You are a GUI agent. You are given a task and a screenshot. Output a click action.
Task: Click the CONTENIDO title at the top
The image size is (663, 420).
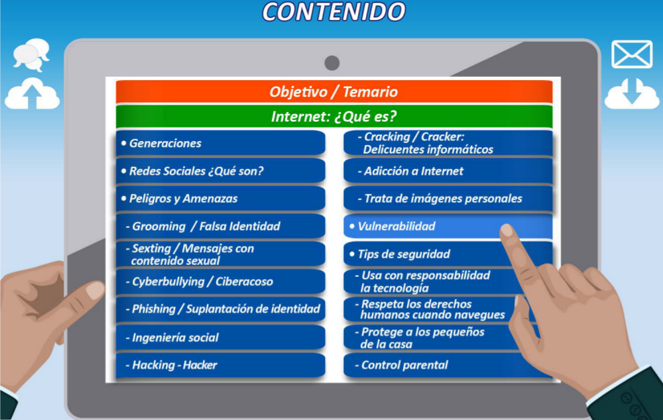[333, 11]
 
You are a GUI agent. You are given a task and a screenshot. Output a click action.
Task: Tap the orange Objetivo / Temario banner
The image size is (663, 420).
[334, 91]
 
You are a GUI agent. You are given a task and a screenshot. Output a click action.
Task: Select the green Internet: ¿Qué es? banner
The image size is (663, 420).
[334, 116]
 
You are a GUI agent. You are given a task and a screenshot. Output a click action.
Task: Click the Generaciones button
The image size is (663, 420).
[220, 143]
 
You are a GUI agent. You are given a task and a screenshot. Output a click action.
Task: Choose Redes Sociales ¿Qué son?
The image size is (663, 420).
[220, 171]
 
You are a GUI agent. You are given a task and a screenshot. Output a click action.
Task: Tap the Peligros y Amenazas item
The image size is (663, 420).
[220, 199]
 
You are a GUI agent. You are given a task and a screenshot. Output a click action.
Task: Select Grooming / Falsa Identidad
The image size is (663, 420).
[220, 227]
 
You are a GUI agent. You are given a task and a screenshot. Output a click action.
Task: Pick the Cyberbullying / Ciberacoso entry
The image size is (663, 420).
[220, 282]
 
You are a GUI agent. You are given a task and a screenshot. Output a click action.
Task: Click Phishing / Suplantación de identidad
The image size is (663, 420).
[220, 309]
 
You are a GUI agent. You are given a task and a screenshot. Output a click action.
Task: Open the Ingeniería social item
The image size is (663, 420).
[220, 338]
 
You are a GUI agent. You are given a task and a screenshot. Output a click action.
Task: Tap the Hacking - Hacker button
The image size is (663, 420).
[220, 365]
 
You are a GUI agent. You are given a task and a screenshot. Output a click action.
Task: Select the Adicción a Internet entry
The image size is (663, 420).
[448, 171]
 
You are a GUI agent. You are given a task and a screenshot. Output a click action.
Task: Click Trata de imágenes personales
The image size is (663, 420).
[448, 199]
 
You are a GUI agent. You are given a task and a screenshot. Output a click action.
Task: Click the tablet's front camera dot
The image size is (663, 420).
[332, 63]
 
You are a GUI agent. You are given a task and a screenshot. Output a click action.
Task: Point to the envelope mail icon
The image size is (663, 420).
[632, 54]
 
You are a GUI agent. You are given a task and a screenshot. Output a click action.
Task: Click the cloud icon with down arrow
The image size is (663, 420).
[632, 94]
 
